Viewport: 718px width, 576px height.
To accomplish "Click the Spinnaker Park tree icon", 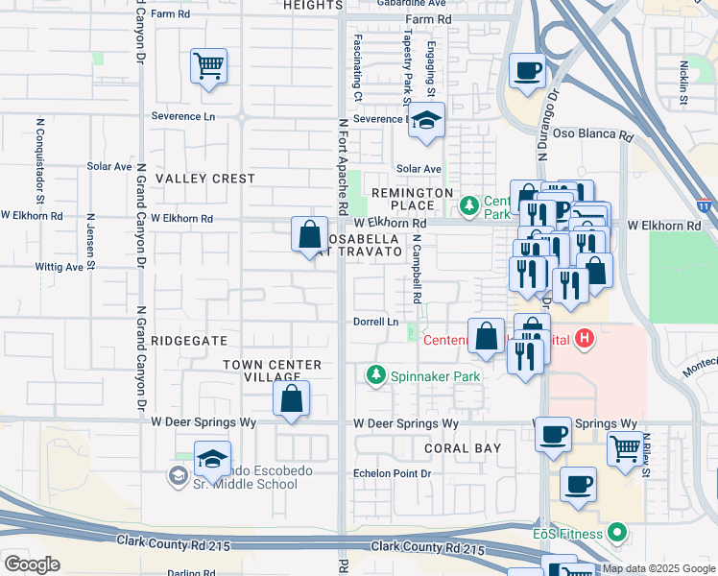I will (376, 376).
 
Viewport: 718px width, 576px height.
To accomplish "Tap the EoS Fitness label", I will (566, 533).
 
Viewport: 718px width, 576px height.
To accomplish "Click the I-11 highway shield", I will (706, 205).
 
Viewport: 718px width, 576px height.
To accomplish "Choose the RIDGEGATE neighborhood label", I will (190, 341).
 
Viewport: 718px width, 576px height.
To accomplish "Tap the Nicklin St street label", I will (684, 83).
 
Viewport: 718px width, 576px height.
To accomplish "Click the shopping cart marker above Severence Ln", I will (208, 66).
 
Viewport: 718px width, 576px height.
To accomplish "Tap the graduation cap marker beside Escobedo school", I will (212, 459).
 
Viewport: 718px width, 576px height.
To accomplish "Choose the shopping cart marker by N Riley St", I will (625, 448).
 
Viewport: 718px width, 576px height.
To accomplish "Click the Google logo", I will (32, 564).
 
